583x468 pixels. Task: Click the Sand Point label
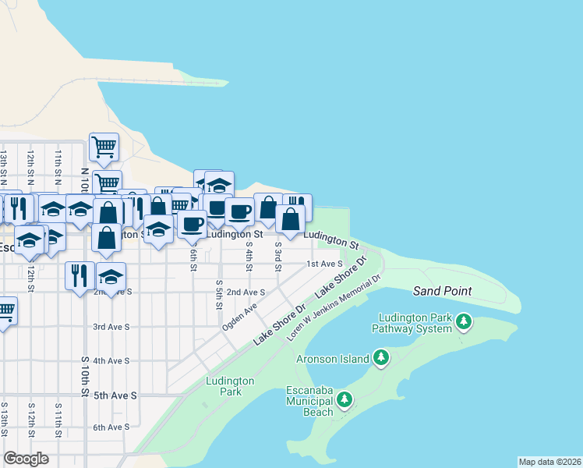(443, 291)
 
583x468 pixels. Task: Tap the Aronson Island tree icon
(381, 358)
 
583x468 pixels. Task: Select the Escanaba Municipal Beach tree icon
(344, 400)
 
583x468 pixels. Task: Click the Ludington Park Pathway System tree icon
(464, 321)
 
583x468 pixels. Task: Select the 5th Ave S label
(115, 395)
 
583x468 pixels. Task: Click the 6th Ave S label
(111, 427)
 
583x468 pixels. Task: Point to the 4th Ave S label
(111, 361)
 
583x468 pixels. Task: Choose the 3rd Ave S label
(111, 327)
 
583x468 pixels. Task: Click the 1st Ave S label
(323, 264)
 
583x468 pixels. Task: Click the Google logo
(26, 459)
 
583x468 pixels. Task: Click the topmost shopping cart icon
(104, 146)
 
